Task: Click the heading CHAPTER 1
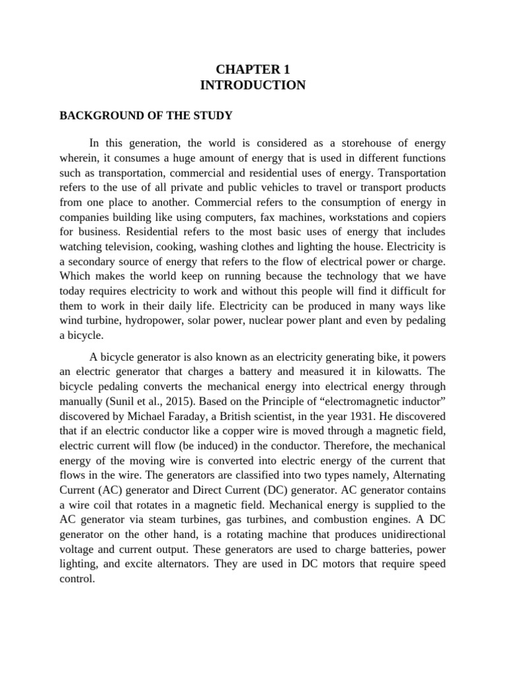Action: click(253, 69)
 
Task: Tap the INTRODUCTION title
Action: click(253, 85)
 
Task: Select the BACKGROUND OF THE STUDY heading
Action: click(146, 116)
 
